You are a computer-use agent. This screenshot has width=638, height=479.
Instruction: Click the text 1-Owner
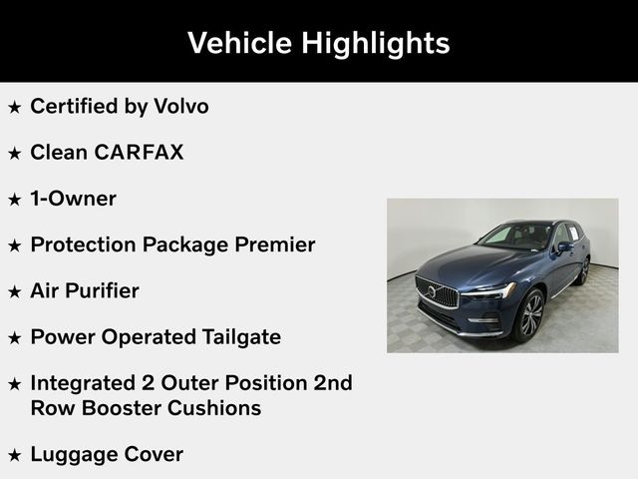[x=73, y=199]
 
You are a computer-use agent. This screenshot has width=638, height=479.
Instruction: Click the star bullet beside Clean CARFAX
[x=14, y=153]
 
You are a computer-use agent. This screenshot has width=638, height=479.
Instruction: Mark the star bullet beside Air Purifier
[x=14, y=291]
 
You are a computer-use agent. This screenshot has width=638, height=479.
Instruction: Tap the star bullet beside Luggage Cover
[x=14, y=455]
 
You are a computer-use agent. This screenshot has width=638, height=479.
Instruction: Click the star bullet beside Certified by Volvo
[x=14, y=106]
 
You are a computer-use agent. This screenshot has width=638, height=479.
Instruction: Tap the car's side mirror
[x=565, y=245]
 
